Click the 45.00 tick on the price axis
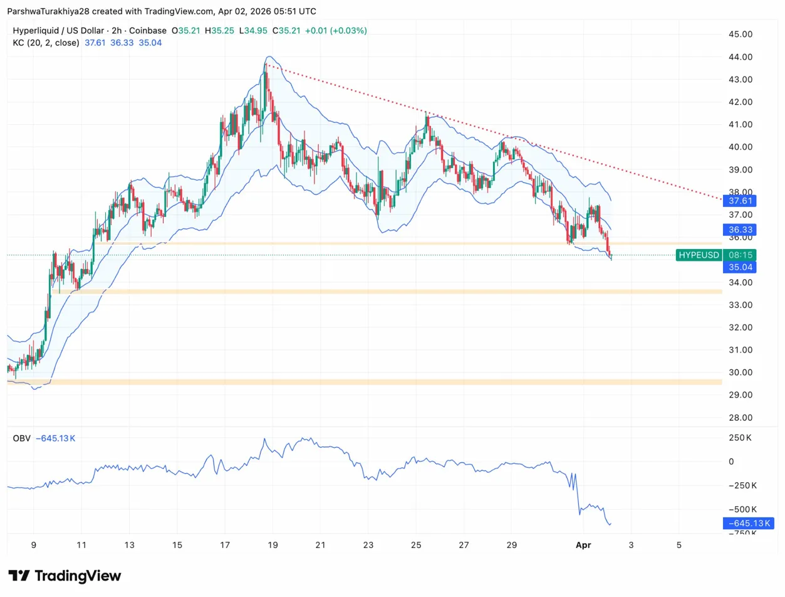[x=737, y=34]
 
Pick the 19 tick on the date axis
[x=273, y=545]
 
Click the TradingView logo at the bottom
[x=65, y=576]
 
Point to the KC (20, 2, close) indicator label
[x=46, y=43]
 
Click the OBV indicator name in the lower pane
[x=21, y=438]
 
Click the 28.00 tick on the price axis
[x=737, y=418]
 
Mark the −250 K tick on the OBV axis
[x=740, y=485]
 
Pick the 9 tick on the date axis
[x=34, y=545]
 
